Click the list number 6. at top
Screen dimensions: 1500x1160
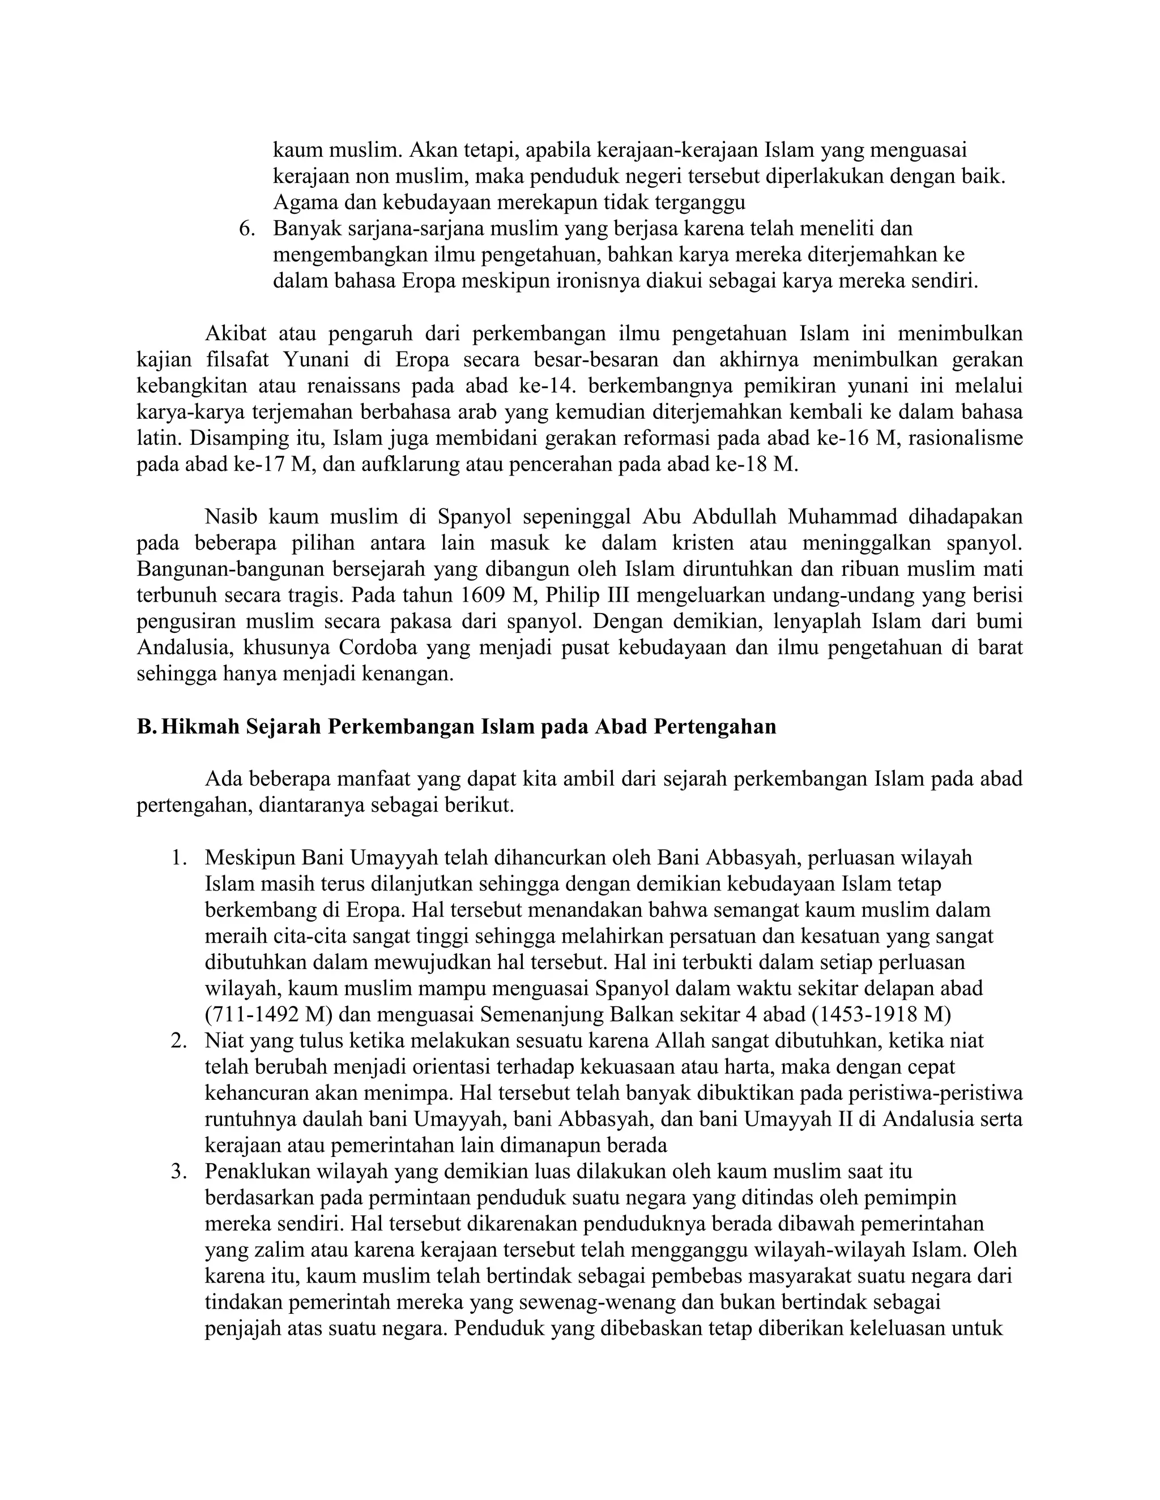point(247,229)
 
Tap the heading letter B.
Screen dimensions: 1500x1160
point(146,727)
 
